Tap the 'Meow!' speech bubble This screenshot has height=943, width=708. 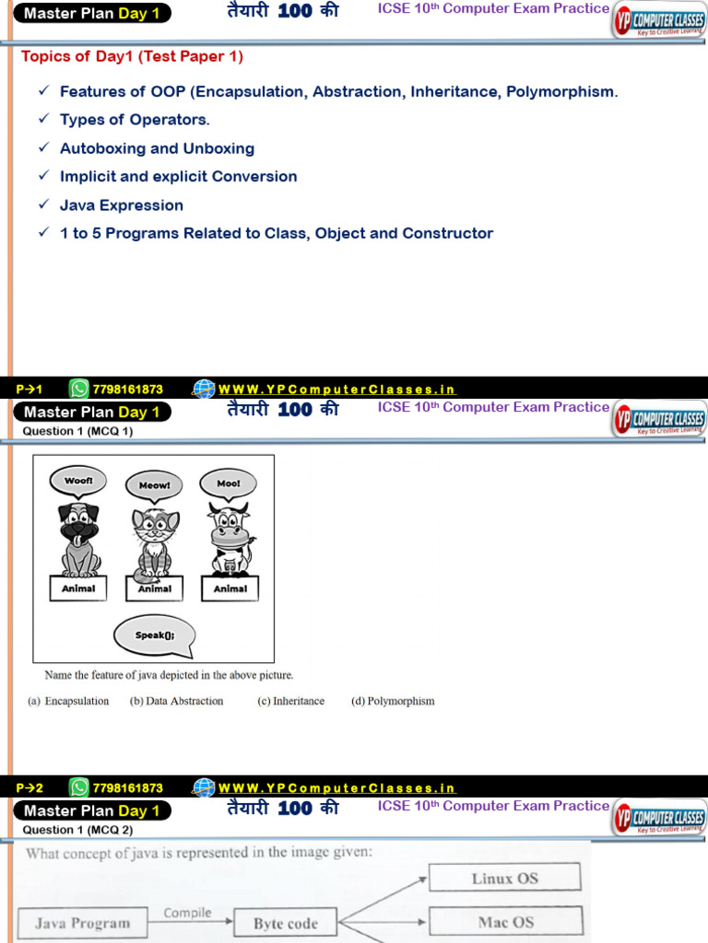(x=155, y=485)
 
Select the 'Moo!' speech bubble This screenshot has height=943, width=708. (x=228, y=483)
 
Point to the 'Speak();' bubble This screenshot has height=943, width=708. (x=154, y=635)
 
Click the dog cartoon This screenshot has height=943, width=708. (x=78, y=539)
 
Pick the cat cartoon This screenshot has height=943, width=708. (x=154, y=543)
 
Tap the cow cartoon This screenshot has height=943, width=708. (x=229, y=539)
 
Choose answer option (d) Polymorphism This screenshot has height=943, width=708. (x=393, y=701)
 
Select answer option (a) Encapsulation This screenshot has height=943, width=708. (x=68, y=701)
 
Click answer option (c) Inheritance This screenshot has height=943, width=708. (x=291, y=701)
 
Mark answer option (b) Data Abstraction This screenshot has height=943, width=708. (x=177, y=701)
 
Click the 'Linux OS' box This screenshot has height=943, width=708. (x=504, y=879)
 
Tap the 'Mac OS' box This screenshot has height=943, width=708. (x=505, y=922)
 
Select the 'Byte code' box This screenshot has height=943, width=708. (x=285, y=924)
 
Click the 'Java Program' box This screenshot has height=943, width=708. (x=82, y=923)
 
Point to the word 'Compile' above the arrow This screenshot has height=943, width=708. (x=187, y=913)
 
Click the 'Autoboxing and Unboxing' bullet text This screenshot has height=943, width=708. (x=157, y=148)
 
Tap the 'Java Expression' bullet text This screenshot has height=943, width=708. (x=122, y=205)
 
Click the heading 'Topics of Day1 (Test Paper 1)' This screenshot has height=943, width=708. (x=132, y=56)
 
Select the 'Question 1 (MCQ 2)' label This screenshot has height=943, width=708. (x=77, y=830)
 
